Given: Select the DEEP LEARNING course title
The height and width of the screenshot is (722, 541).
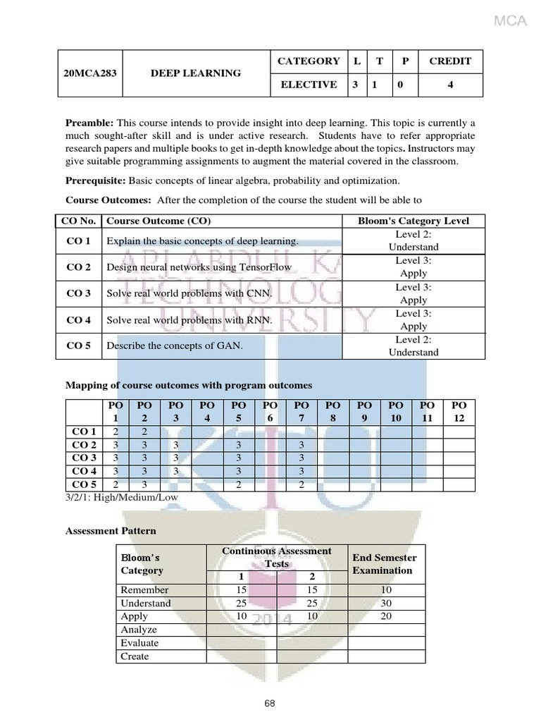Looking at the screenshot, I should click(195, 73).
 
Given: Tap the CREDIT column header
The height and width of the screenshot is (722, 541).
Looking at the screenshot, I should click(450, 61).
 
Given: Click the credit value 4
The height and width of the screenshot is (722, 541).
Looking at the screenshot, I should click(450, 85).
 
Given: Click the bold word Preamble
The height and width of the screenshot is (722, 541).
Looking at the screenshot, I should click(89, 123).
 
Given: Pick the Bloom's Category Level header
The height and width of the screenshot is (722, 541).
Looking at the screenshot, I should click(413, 221).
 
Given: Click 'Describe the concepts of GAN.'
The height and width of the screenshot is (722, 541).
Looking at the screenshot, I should click(174, 345).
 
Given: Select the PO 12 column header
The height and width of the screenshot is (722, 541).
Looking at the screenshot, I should click(459, 412).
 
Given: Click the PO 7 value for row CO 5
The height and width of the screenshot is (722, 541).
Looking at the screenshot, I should click(301, 484).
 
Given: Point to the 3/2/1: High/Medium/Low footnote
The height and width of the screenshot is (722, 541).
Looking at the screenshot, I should click(122, 497).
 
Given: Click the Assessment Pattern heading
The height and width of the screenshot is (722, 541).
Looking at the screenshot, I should click(111, 530).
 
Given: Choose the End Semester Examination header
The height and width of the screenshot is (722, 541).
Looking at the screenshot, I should click(385, 564).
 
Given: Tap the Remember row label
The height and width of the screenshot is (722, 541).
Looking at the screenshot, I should click(144, 590).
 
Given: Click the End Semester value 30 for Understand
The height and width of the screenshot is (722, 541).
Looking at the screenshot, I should click(387, 604).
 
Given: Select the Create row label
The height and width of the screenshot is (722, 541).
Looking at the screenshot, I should click(135, 656).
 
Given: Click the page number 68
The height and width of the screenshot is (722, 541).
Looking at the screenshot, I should click(270, 703).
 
